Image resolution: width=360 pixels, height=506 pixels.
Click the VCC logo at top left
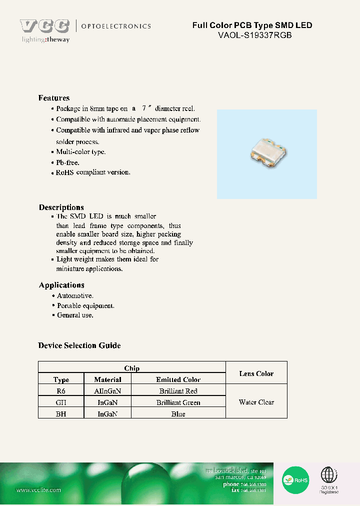[44, 26]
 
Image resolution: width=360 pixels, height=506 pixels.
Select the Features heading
[54, 98]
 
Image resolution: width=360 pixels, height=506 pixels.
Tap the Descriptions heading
[61, 207]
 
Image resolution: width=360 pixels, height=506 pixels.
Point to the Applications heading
[61, 285]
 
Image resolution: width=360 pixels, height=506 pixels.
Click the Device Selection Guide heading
[79, 345]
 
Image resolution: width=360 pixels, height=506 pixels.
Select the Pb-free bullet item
[67, 162]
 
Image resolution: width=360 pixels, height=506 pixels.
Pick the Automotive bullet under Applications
[75, 296]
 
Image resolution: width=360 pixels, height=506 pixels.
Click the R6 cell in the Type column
[61, 391]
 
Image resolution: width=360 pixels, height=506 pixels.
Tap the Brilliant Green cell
[178, 402]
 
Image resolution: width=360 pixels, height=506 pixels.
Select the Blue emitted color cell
[178, 414]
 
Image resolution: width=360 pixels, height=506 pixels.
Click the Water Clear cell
[256, 402]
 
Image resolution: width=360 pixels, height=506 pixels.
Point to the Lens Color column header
[256, 373]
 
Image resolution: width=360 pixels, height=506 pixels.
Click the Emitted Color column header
[178, 380]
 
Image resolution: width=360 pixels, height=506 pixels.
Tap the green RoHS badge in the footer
[295, 480]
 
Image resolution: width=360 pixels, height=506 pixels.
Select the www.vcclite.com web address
[38, 490]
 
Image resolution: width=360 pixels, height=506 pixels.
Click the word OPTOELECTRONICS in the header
[115, 26]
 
